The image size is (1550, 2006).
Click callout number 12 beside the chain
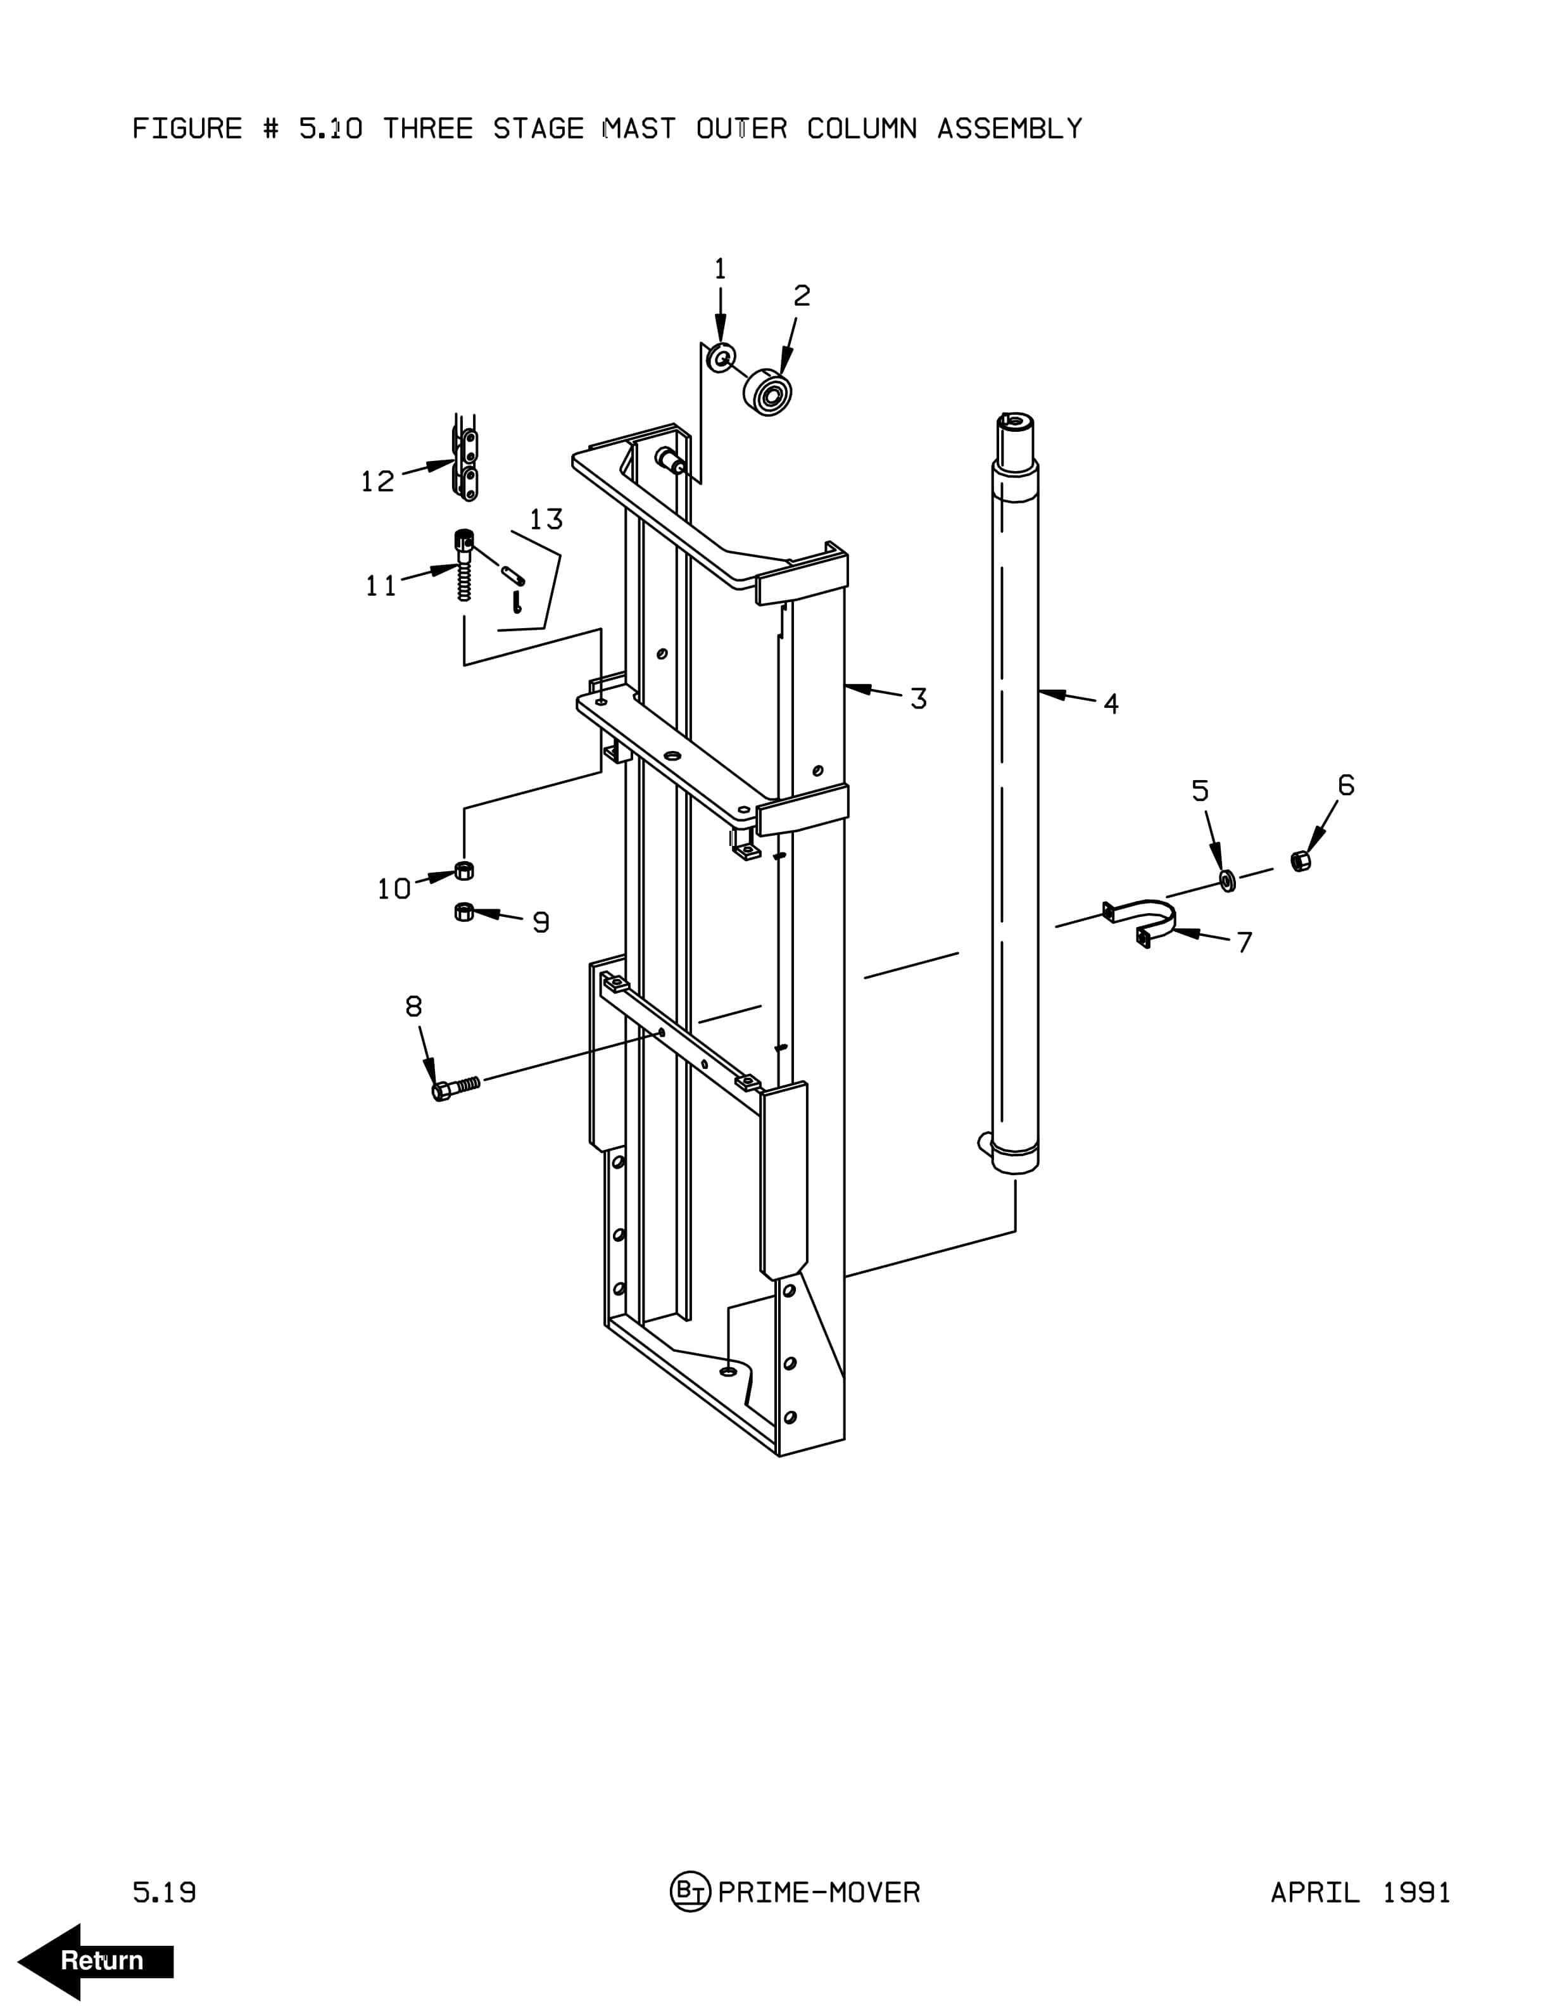point(377,481)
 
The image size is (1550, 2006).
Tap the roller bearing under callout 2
point(767,392)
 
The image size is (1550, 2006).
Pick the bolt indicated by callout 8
point(455,1087)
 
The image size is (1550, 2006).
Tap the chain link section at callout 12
point(467,458)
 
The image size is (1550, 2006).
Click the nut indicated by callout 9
point(465,911)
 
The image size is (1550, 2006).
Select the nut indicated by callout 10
point(465,870)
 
